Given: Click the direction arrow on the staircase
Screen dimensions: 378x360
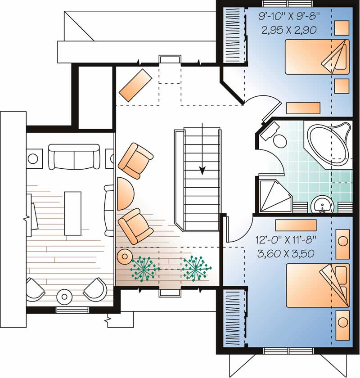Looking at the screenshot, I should pyautogui.click(x=202, y=170).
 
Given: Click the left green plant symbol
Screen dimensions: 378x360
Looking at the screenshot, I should pyautogui.click(x=144, y=269).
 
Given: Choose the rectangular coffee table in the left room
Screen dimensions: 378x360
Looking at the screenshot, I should pyautogui.click(x=73, y=213).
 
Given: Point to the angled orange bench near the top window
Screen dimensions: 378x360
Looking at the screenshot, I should pyautogui.click(x=135, y=85).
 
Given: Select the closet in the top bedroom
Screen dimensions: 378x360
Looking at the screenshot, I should pyautogui.click(x=234, y=34).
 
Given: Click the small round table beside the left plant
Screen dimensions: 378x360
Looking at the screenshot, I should pyautogui.click(x=124, y=257).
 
